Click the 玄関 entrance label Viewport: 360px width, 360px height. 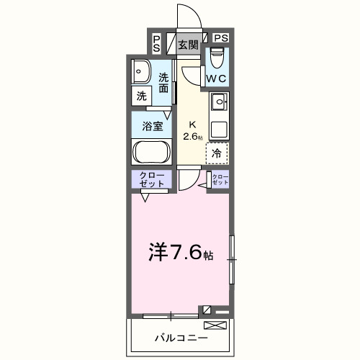188,45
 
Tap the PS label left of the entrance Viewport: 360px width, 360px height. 157,43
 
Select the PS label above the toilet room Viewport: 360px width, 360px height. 220,37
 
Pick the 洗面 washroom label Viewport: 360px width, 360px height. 165,83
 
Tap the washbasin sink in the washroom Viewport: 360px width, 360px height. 141,72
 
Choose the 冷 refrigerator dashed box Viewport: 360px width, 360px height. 217,152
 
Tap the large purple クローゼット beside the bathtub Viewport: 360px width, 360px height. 150,180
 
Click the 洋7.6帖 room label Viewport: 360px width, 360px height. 180,253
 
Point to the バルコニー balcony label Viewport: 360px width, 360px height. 180,337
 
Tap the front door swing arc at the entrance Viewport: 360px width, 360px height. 186,18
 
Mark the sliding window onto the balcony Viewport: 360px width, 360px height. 170,315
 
